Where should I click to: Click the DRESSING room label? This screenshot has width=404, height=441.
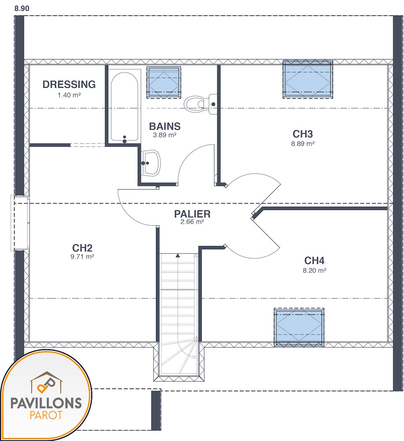tap(69, 84)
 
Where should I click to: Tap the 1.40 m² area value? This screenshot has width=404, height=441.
tap(69, 95)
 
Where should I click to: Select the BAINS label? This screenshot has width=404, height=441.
tap(165, 126)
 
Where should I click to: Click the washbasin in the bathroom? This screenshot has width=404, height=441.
tap(151, 163)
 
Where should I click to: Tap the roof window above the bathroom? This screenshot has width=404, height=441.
tap(164, 82)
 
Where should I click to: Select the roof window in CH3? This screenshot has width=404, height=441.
tap(308, 79)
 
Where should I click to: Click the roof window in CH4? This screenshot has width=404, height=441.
tap(299, 327)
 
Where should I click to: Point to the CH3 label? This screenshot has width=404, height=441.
tap(303, 134)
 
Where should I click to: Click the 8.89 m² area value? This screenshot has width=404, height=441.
tap(303, 144)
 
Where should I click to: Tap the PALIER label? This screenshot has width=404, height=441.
tap(192, 214)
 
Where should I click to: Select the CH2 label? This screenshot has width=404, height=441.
tap(82, 248)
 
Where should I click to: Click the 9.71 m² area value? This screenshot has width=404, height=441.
tap(82, 257)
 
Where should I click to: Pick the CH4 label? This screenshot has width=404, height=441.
tap(314, 261)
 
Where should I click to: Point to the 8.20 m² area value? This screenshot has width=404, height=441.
tap(314, 271)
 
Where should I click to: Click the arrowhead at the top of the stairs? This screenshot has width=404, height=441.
tap(178, 255)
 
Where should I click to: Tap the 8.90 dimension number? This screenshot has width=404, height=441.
tap(22, 8)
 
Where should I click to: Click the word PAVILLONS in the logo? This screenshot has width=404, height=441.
tap(46, 404)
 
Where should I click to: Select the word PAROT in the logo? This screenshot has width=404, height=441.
tap(46, 415)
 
